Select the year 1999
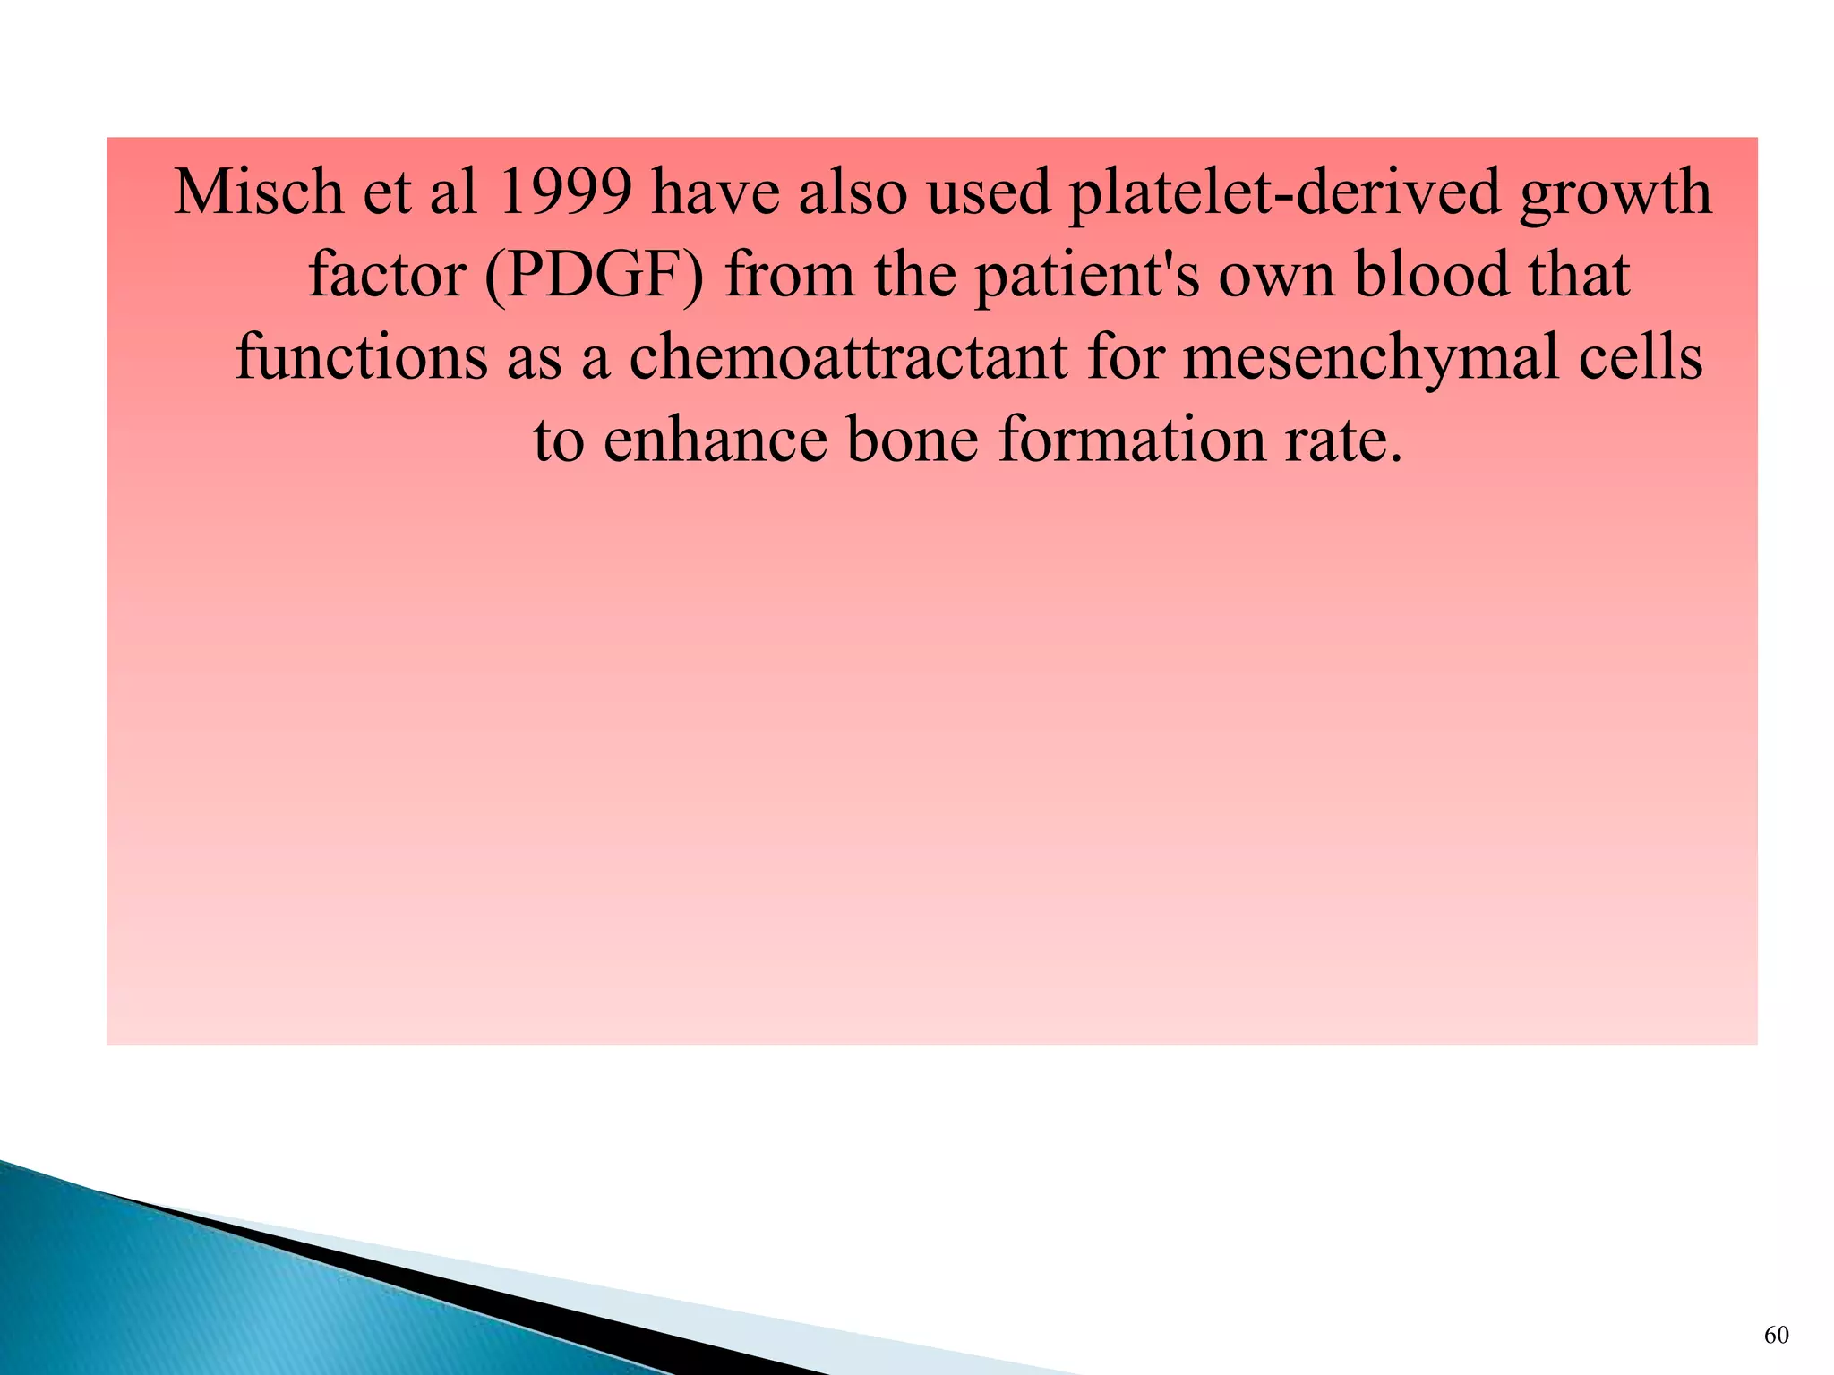click(564, 192)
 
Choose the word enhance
click(715, 440)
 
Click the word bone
click(912, 440)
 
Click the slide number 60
click(1776, 1336)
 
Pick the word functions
click(362, 357)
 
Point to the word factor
click(386, 274)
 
